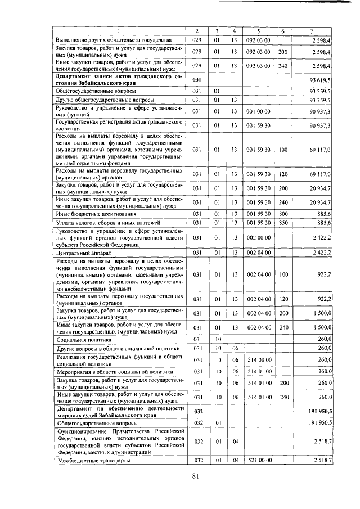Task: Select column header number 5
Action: tap(258, 30)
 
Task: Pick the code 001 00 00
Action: tap(258, 113)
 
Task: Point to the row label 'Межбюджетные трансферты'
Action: tap(92, 461)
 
